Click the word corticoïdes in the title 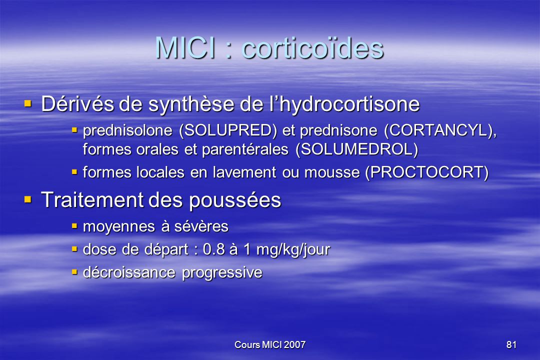[312, 48]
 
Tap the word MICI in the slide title [186, 48]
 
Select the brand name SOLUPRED [228, 130]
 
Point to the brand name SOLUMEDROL [357, 149]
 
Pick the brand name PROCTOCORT [426, 172]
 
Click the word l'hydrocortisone [344, 104]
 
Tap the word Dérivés [77, 103]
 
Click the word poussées [235, 200]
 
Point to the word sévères [201, 226]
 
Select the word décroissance [129, 272]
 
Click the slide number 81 [511, 344]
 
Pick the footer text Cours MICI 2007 [270, 344]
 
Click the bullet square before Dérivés [28, 103]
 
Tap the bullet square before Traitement [28, 199]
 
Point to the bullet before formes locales [74, 171]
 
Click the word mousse [332, 172]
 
